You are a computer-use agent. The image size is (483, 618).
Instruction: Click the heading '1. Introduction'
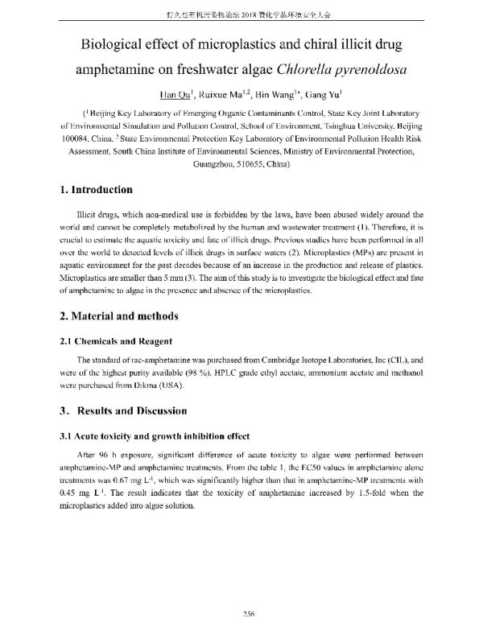(96, 191)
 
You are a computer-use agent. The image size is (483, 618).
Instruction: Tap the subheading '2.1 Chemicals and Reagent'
(118, 340)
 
